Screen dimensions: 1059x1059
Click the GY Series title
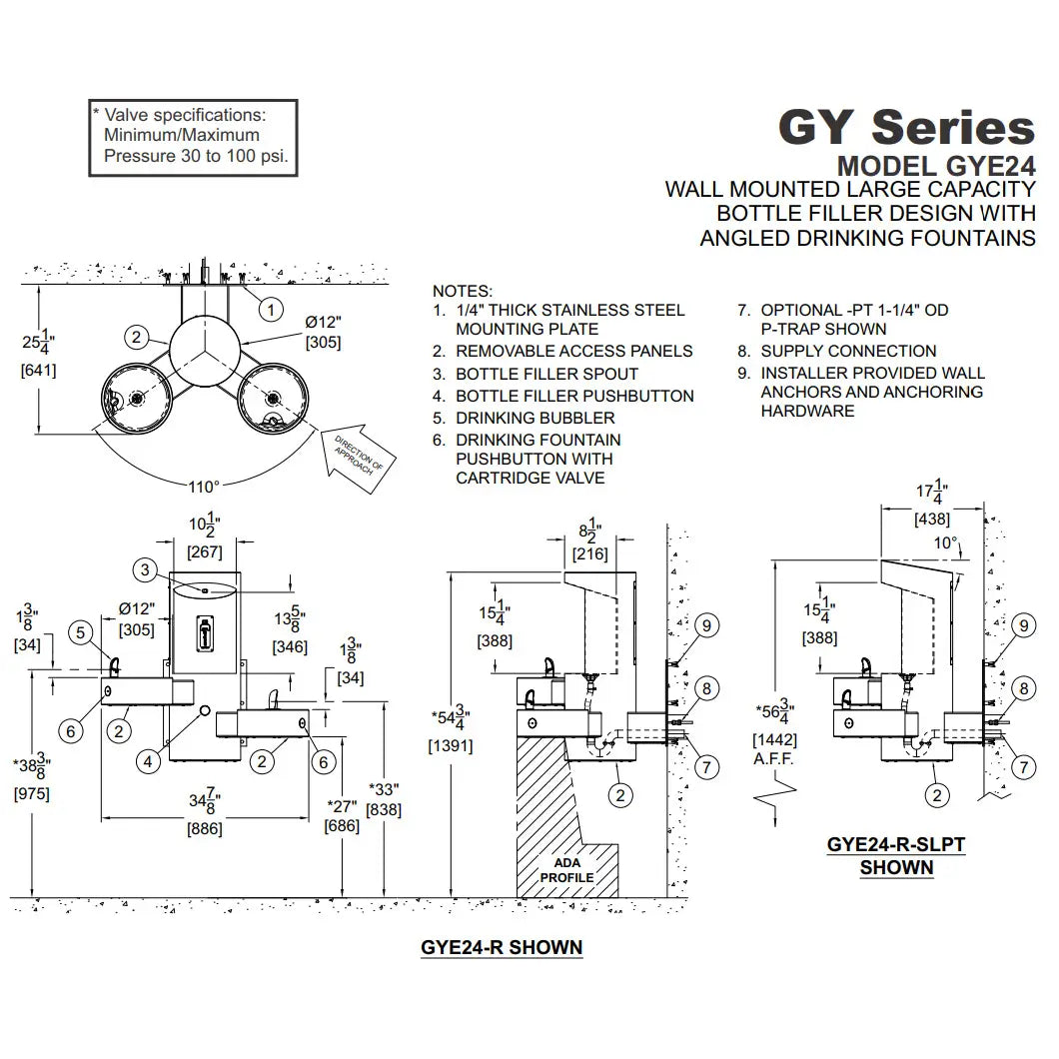(906, 127)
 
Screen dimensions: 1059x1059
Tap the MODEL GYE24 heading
(936, 166)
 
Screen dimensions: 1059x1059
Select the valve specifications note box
(193, 139)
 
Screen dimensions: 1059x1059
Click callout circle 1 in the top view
(271, 310)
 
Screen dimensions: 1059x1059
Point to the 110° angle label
(204, 487)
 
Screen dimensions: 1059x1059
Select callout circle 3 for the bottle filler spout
(145, 570)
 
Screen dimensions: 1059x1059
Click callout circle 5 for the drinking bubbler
(81, 632)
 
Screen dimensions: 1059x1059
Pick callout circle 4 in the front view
(148, 762)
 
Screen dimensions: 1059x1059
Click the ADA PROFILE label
(566, 870)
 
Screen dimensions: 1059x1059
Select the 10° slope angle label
(945, 543)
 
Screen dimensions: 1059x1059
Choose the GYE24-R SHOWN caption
(502, 947)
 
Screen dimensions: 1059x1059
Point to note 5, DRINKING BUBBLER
(525, 418)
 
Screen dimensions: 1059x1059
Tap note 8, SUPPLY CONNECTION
(837, 352)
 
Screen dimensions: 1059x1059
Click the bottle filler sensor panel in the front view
(205, 634)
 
